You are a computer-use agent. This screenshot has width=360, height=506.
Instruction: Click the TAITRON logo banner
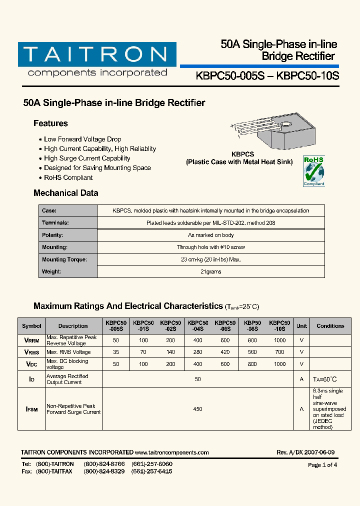click(97, 54)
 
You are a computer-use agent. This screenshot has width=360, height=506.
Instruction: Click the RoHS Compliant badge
click(314, 171)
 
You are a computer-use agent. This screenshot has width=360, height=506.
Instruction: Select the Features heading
click(50, 123)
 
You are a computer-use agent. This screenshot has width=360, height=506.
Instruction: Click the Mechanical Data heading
click(65, 193)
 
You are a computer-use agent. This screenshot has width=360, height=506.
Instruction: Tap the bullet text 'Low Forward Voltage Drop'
click(82, 139)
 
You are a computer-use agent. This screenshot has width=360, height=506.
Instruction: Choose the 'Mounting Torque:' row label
click(64, 259)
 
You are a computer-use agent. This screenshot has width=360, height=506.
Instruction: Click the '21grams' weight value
click(210, 272)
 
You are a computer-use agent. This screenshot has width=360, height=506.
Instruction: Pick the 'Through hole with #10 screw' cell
click(210, 247)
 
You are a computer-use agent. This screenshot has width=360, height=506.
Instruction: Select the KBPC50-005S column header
click(116, 326)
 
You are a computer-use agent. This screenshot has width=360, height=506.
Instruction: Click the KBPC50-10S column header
click(279, 326)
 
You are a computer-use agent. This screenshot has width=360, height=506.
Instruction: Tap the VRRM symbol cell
click(31, 340)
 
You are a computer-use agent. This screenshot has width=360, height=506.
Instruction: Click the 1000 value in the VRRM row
click(279, 340)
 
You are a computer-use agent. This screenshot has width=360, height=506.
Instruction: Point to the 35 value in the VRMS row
click(116, 352)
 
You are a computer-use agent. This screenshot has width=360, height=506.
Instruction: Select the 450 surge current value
click(197, 409)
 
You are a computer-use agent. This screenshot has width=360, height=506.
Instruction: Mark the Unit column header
click(301, 326)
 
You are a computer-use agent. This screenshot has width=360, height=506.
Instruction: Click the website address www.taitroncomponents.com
click(171, 452)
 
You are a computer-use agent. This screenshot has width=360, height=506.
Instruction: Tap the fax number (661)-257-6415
click(152, 471)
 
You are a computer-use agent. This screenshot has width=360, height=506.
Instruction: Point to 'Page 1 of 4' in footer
click(322, 465)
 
